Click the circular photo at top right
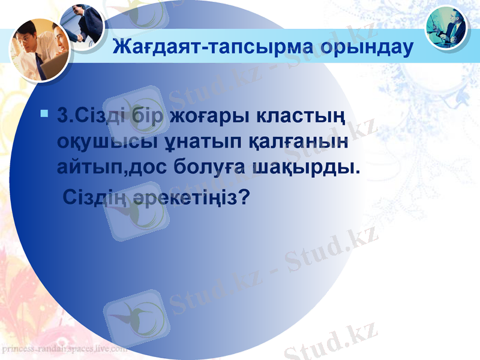(x=448, y=28)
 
